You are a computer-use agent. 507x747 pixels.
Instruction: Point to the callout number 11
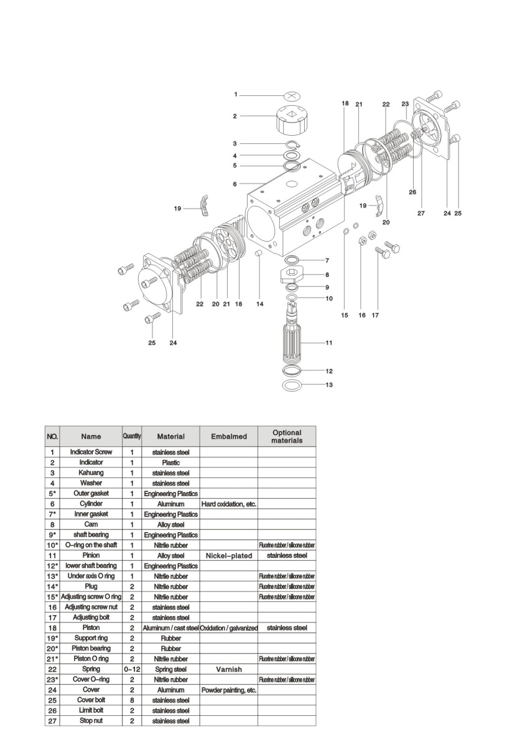click(329, 343)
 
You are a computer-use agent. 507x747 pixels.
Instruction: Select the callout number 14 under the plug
click(260, 304)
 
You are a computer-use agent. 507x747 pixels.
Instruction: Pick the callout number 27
click(421, 214)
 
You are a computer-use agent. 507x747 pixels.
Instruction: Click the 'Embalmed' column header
click(228, 436)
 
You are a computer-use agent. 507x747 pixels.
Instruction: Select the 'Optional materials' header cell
click(286, 436)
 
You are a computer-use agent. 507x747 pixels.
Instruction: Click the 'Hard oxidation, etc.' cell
click(228, 504)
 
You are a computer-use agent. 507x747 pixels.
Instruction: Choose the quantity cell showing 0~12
click(132, 669)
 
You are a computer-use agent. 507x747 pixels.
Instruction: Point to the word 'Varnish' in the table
click(228, 669)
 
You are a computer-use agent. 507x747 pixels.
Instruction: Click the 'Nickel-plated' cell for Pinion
click(228, 555)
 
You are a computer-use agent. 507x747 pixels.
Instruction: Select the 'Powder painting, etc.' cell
click(228, 690)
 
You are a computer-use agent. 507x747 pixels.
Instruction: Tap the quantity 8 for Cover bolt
click(132, 700)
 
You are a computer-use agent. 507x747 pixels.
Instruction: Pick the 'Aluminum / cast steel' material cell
click(170, 628)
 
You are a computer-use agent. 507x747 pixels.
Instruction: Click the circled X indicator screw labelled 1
click(292, 96)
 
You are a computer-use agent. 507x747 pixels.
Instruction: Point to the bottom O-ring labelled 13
click(291, 385)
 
